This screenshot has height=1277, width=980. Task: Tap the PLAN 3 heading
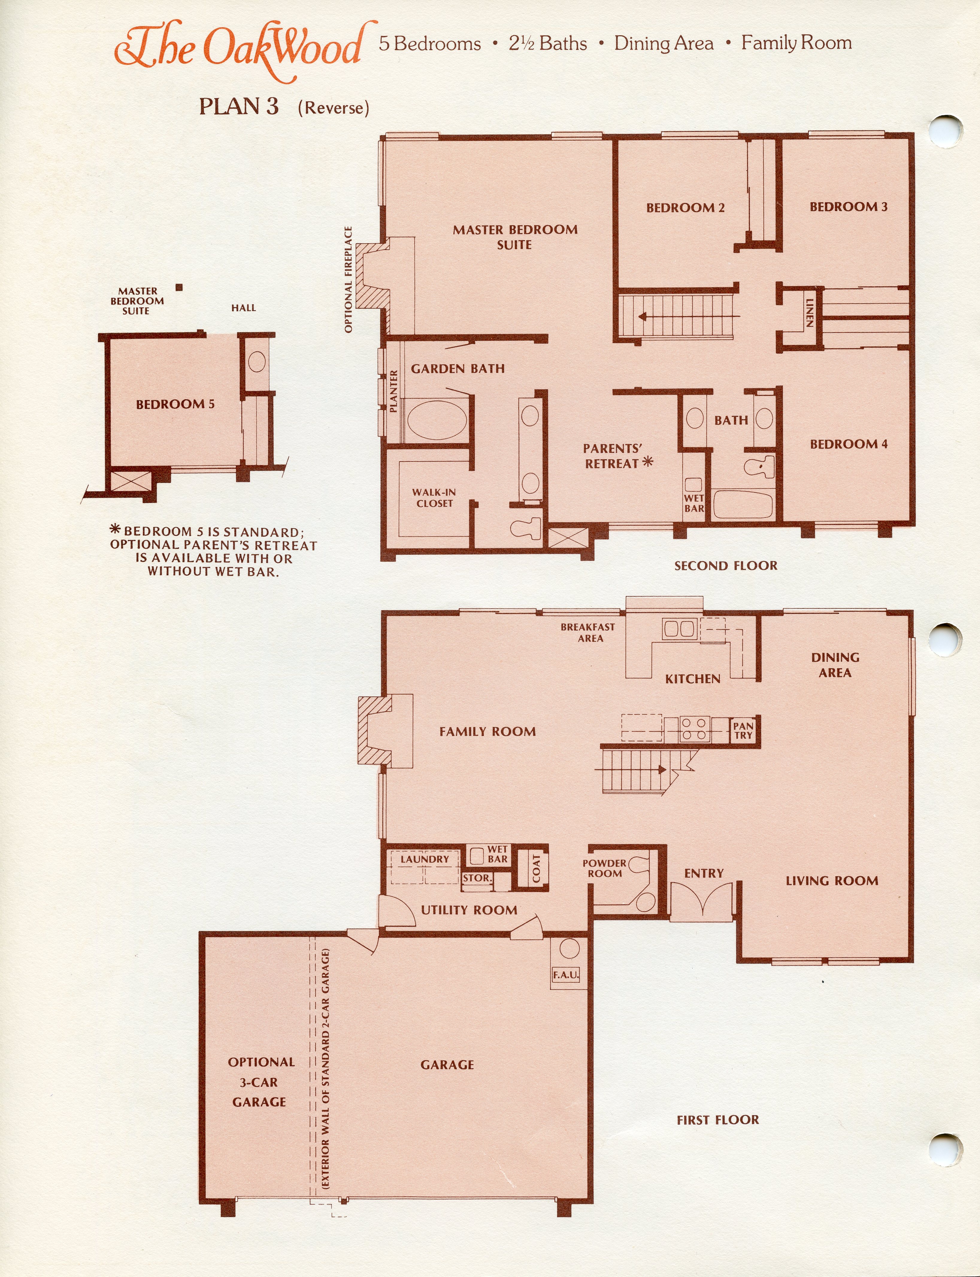pyautogui.click(x=239, y=106)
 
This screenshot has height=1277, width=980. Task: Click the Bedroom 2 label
pyautogui.click(x=685, y=208)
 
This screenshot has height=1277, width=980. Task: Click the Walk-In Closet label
pyautogui.click(x=434, y=498)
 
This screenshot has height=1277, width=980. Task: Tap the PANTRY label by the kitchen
pyautogui.click(x=743, y=730)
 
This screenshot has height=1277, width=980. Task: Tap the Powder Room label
pyautogui.click(x=604, y=868)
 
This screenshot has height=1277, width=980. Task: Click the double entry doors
pyautogui.click(x=701, y=902)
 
